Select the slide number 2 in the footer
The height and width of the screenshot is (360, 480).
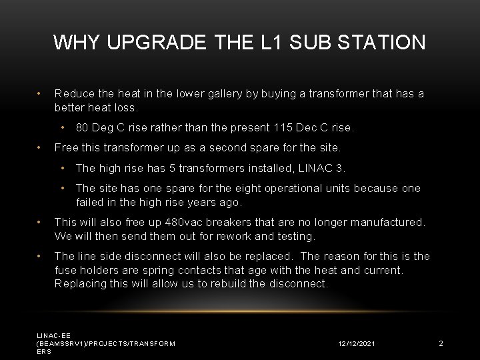[x=441, y=343]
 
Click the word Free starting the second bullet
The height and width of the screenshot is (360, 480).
[x=65, y=147]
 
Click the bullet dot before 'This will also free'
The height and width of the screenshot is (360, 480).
[x=41, y=221]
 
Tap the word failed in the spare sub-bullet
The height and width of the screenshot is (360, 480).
[x=91, y=201]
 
